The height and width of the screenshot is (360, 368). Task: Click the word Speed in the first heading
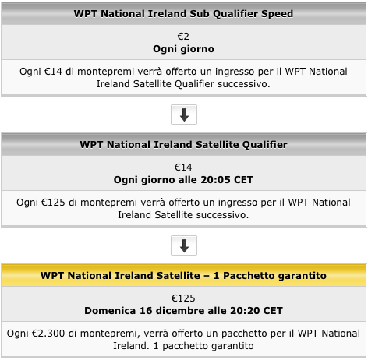(x=277, y=14)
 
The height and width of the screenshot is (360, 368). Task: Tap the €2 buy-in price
(x=183, y=37)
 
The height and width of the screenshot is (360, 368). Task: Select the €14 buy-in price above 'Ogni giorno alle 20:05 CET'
(x=183, y=168)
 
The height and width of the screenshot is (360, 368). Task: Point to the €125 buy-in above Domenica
(x=183, y=298)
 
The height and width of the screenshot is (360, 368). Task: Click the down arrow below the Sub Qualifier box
(x=184, y=115)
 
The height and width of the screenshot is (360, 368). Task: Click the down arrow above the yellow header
(x=184, y=245)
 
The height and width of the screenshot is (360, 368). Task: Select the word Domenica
(x=110, y=311)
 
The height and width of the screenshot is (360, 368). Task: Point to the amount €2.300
(x=48, y=334)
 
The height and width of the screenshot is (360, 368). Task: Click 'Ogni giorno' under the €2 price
(x=183, y=49)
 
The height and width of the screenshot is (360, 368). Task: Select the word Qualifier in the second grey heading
(x=265, y=145)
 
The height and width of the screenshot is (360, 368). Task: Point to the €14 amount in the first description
(x=53, y=72)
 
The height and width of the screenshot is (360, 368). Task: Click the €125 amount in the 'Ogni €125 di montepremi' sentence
(x=53, y=203)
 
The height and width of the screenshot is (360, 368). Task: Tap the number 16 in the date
(x=146, y=311)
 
